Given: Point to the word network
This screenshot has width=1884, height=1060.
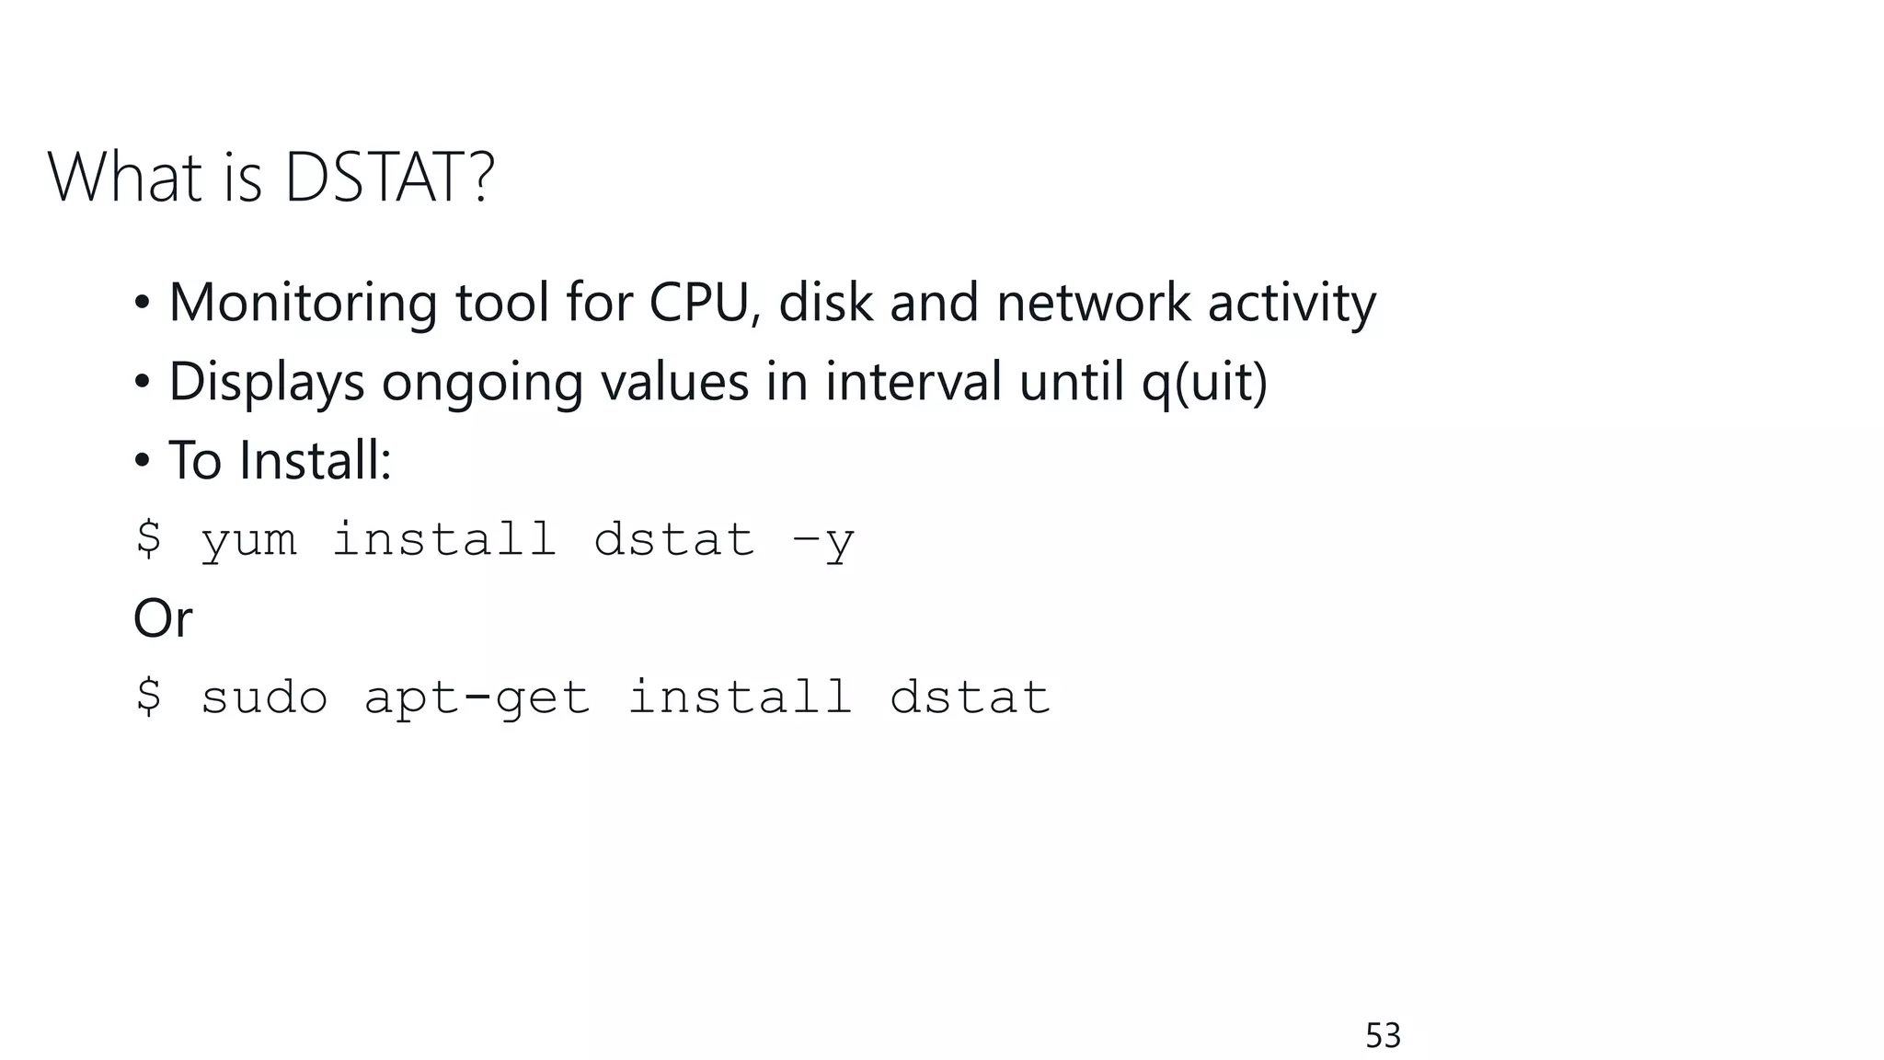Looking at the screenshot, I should [1093, 303].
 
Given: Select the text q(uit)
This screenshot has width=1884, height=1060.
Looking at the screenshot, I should [1204, 382].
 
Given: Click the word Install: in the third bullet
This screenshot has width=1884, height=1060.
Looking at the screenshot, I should [316, 460].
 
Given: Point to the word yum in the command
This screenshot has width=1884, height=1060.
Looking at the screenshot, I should [248, 539].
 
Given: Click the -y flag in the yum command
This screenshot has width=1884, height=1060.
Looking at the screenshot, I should [823, 539].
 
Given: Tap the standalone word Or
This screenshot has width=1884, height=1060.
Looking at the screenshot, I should [163, 618].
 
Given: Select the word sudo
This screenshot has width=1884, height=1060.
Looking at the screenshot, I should [264, 697].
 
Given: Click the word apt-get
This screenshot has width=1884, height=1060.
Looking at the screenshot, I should [477, 697].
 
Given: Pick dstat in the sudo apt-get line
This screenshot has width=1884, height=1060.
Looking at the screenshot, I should [970, 697].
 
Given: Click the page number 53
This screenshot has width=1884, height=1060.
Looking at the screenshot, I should [1383, 1036].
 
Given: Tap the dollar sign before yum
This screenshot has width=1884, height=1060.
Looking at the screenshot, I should [148, 538].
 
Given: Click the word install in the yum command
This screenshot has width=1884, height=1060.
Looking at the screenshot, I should [444, 539].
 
